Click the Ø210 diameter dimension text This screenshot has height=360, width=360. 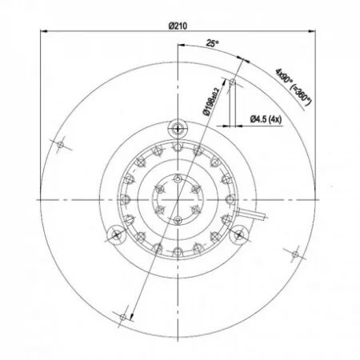pos(178,26)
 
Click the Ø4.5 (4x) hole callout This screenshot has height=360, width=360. pos(265,119)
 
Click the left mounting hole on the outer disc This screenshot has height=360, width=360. pos(61,144)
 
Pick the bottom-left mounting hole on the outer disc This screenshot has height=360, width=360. pos(122,317)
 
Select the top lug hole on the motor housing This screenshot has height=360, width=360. pos(178,128)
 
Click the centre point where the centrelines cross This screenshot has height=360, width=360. pos(178,198)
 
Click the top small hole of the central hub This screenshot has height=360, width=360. pos(178,177)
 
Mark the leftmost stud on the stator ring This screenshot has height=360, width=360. pos(126,198)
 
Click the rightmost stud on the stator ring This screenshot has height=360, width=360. pos(230,198)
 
